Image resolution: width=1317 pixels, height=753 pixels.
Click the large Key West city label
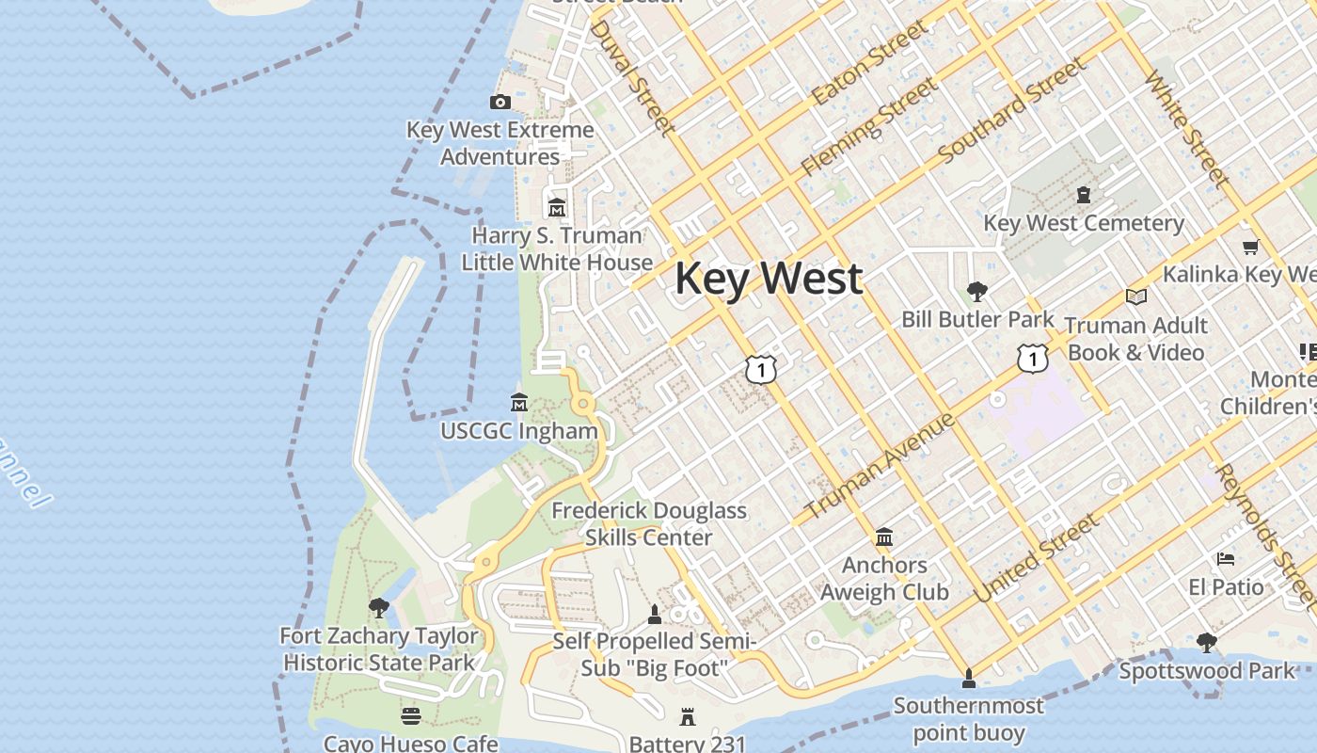(769, 279)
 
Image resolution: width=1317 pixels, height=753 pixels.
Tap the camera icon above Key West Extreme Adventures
(500, 103)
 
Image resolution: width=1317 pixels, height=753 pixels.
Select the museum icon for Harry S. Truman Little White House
(557, 207)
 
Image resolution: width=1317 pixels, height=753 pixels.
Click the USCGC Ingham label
(519, 431)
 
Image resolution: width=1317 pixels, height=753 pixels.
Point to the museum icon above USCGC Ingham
(519, 403)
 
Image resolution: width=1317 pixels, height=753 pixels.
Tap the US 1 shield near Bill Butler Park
(1033, 358)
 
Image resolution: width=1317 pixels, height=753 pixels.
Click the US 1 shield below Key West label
(761, 369)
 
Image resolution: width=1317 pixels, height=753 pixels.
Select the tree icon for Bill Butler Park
(977, 292)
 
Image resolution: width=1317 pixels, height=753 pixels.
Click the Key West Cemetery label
(1084, 223)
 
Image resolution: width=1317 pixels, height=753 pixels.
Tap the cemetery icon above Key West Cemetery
(1084, 195)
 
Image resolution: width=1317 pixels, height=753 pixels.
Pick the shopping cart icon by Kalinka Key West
(1250, 248)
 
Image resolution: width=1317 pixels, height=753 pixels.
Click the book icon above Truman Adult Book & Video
(1136, 297)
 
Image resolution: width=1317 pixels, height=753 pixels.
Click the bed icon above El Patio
(1226, 559)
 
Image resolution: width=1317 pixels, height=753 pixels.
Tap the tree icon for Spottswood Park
(1207, 643)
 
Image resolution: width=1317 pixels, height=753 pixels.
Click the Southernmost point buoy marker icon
(968, 678)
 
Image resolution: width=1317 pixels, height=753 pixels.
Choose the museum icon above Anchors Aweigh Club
(884, 537)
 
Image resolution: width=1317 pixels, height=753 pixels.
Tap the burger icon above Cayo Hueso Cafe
(411, 716)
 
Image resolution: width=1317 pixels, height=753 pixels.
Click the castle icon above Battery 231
(688, 717)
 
